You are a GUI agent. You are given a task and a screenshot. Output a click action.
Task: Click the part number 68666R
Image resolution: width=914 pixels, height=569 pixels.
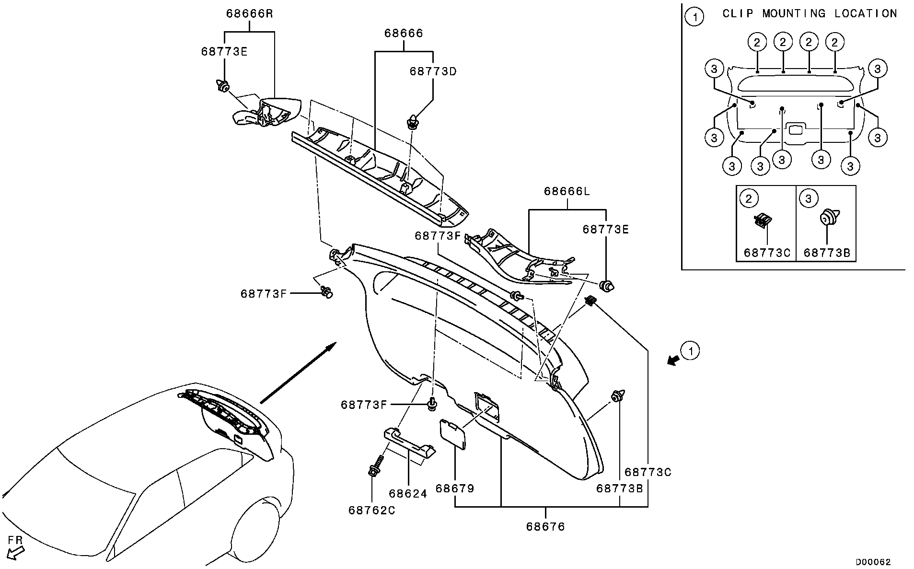coord(249,13)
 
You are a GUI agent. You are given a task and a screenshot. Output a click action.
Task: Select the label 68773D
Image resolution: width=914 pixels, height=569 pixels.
coord(433,71)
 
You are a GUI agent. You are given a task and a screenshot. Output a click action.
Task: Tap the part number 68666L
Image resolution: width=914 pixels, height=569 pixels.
coord(567,192)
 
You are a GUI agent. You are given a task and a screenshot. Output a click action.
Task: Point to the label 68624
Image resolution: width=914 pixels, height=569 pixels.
coord(407,493)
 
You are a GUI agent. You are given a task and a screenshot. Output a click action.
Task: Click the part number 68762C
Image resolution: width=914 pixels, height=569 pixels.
coord(372,511)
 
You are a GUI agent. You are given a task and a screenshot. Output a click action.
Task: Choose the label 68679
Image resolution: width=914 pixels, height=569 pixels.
coord(454,488)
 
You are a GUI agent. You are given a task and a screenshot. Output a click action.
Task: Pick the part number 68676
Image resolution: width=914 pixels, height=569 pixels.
coord(545,527)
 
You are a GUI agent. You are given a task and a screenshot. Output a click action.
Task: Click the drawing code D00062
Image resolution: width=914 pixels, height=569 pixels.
coord(873,562)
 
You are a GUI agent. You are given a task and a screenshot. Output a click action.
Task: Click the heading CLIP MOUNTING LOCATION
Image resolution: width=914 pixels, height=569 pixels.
coord(810,13)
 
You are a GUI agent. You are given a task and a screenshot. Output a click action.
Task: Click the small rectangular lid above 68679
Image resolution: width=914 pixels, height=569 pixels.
coord(452,433)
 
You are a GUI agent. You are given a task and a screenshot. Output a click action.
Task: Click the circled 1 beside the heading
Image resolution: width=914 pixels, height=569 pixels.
coord(694,17)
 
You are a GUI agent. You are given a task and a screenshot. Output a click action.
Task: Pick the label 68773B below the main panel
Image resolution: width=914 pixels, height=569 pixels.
coord(619,488)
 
